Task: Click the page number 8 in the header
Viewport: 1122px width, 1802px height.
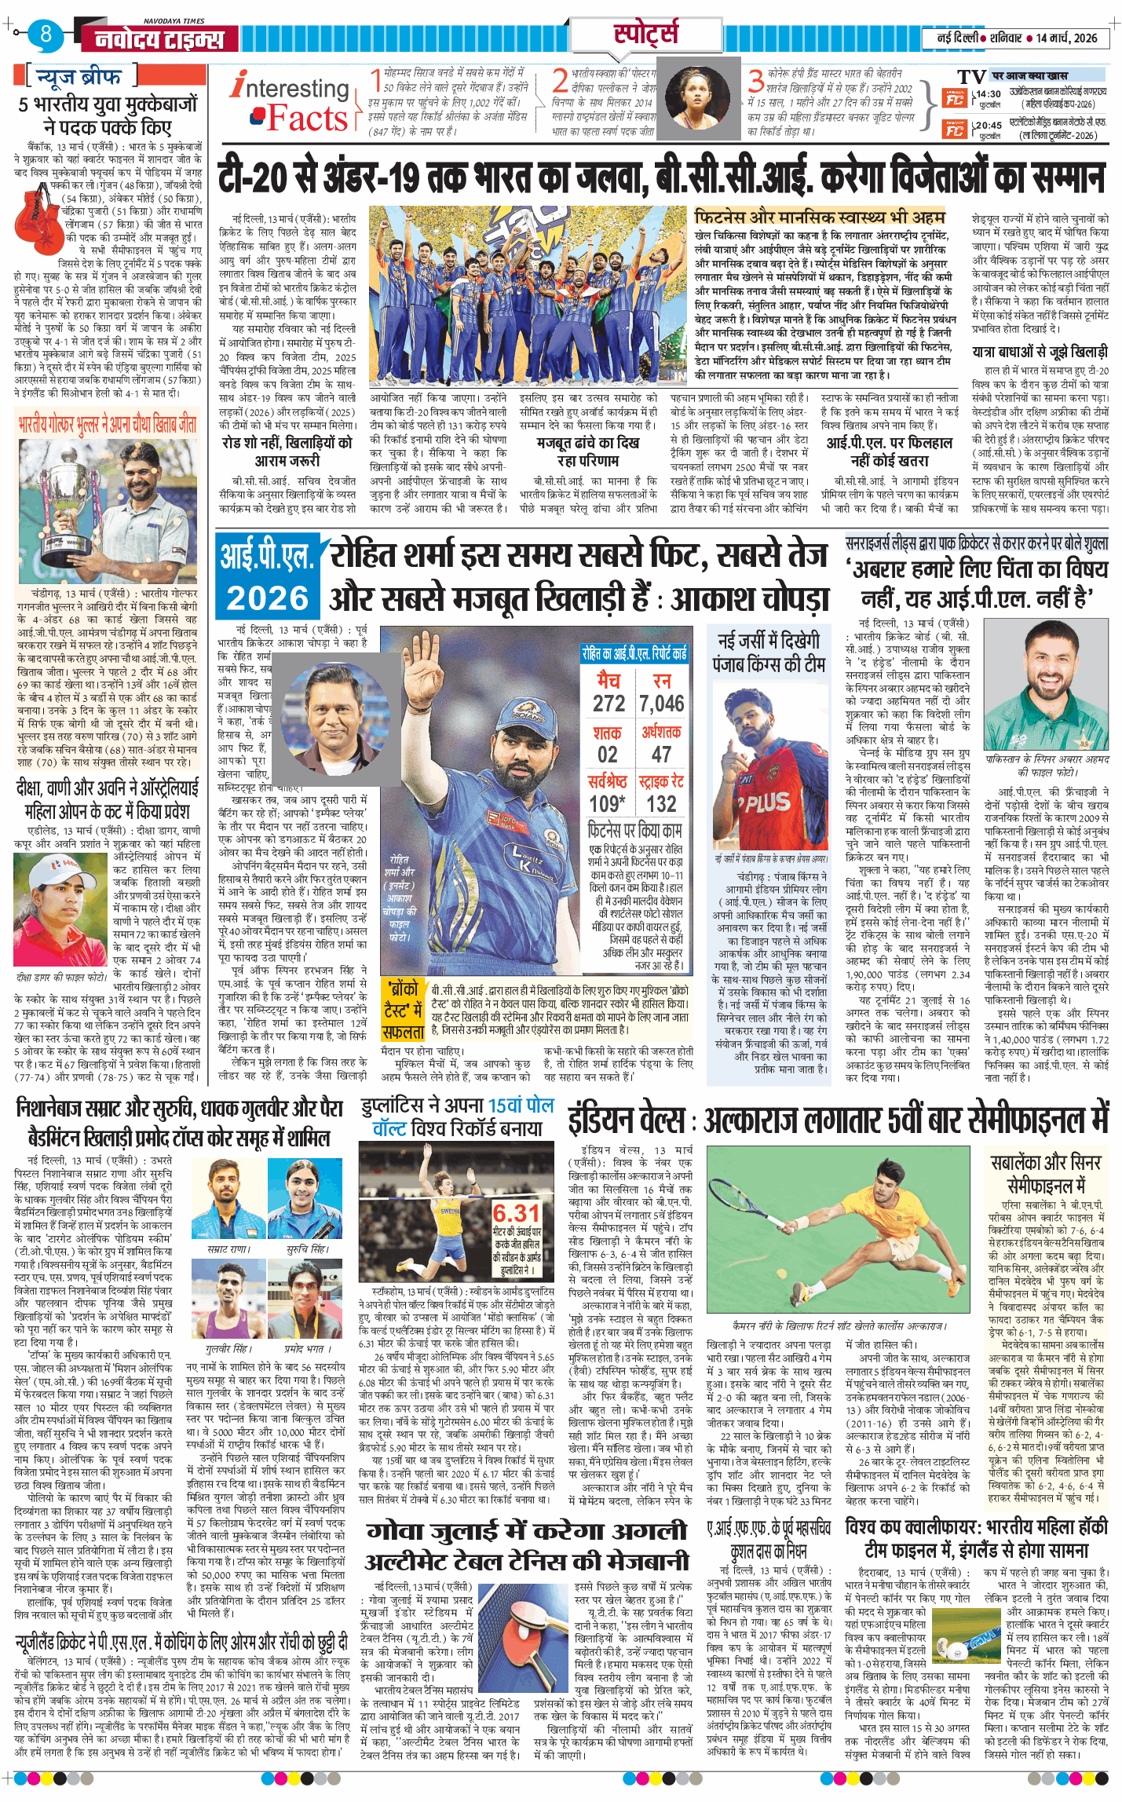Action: [x=46, y=35]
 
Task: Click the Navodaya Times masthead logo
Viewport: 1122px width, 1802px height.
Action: [x=159, y=38]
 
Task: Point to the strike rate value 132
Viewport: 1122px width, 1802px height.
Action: [x=661, y=803]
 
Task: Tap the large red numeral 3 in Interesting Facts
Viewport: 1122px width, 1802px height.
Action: [x=755, y=80]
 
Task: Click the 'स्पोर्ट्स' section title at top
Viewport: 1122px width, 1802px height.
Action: [x=645, y=35]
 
